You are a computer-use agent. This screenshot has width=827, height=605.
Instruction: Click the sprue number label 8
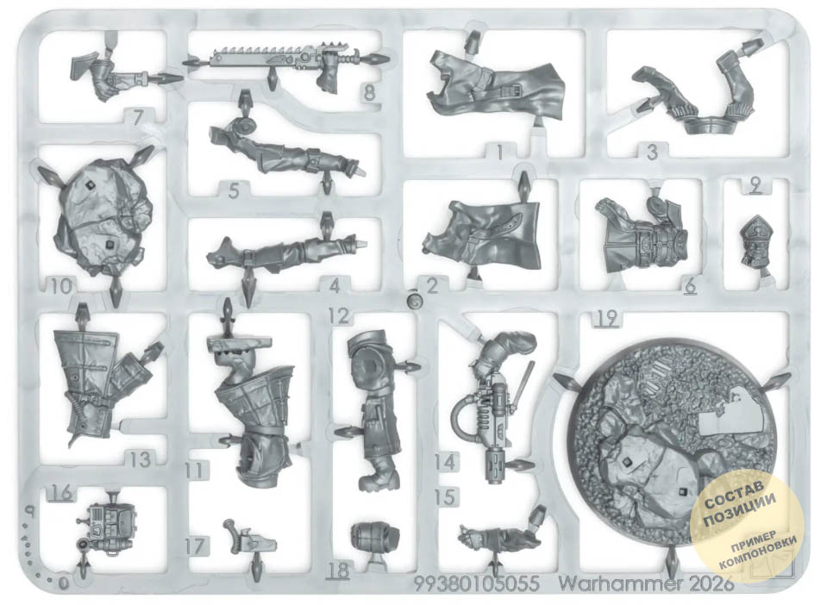pyautogui.click(x=370, y=93)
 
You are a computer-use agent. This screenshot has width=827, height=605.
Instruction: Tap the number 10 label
pyautogui.click(x=62, y=287)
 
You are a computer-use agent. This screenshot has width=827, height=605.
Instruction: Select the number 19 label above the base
pyautogui.click(x=607, y=318)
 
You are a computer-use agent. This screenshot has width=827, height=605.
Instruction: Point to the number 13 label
pyautogui.click(x=141, y=459)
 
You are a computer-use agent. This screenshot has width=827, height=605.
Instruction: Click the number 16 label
pyautogui.click(x=61, y=493)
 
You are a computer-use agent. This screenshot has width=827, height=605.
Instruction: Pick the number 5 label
pyautogui.click(x=235, y=190)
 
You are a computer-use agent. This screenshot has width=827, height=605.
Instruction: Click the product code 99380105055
pyautogui.click(x=476, y=583)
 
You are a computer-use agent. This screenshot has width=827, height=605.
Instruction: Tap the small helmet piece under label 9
pyautogui.click(x=755, y=240)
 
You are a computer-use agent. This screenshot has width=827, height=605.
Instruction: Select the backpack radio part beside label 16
pyautogui.click(x=110, y=528)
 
